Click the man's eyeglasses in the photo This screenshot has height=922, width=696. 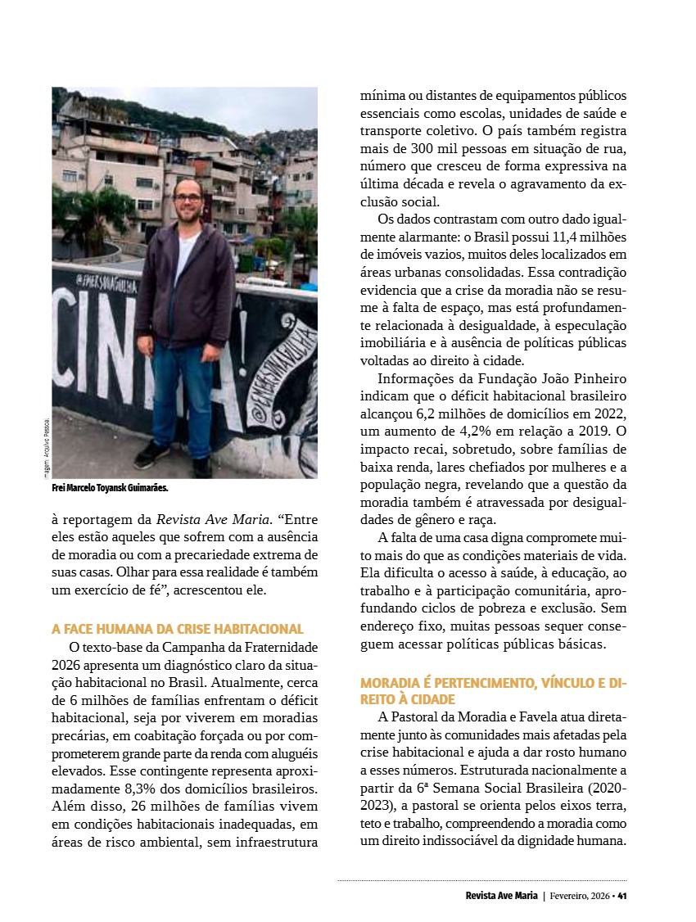click(188, 197)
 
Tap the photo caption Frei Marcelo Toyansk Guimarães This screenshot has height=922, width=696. click(110, 488)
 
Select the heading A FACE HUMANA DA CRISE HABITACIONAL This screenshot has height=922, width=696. click(178, 629)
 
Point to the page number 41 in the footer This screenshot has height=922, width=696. click(622, 895)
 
